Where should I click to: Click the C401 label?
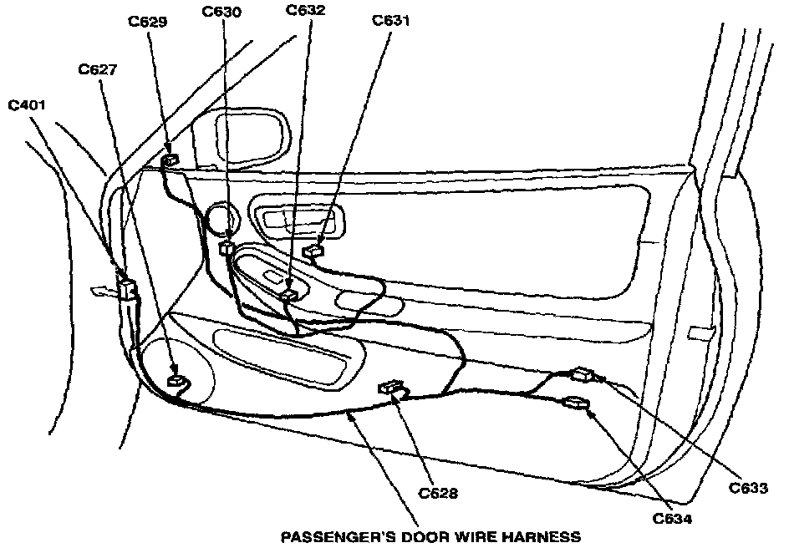point(28,106)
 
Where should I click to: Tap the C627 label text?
point(98,69)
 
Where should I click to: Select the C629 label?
point(148,23)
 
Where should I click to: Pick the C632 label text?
point(306,11)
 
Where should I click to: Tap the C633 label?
point(749,488)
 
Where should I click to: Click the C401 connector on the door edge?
point(128,289)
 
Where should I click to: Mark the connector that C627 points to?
point(177,381)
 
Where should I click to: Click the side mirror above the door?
point(242,134)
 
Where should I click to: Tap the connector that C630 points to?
point(227,249)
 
